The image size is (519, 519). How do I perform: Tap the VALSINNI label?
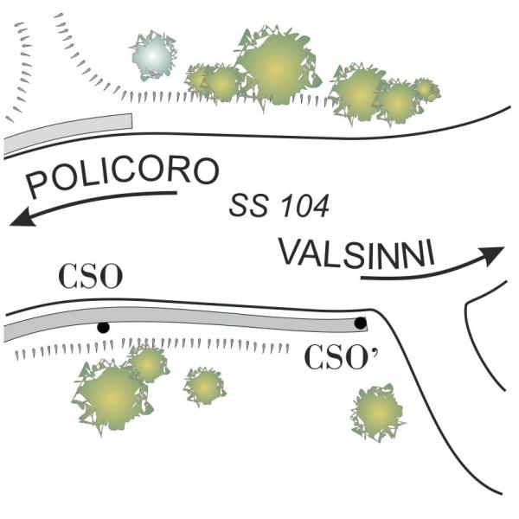click(356, 253)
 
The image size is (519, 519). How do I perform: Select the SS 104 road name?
click(279, 206)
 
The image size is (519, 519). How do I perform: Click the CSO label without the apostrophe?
click(90, 276)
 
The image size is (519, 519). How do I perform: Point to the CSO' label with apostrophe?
click(341, 357)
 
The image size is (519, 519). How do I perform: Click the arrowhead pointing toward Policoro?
click(22, 219)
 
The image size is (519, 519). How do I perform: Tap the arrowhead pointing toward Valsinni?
click(492, 255)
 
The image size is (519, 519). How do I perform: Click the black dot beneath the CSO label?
click(103, 327)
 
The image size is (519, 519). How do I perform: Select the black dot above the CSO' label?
click(361, 323)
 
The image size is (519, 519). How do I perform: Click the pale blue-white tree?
click(153, 55)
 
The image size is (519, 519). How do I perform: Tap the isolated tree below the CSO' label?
click(378, 413)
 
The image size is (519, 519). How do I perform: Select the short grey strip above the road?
click(67, 134)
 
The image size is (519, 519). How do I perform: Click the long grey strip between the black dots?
click(185, 320)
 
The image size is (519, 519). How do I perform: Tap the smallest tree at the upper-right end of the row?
click(426, 89)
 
